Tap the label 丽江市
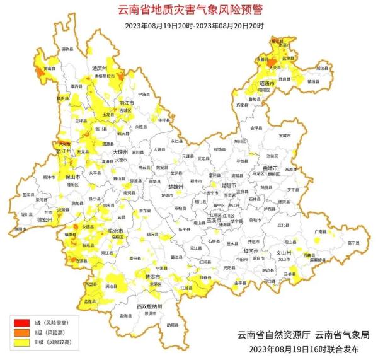[126, 102]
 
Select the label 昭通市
[268, 83]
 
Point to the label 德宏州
[27, 220]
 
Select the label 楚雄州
[175, 187]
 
